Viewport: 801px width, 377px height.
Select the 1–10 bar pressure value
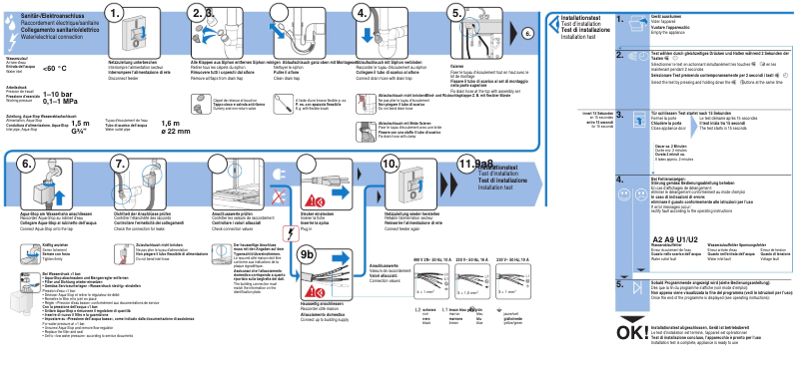tap(59, 94)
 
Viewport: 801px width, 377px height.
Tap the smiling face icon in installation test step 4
tap(624, 194)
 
